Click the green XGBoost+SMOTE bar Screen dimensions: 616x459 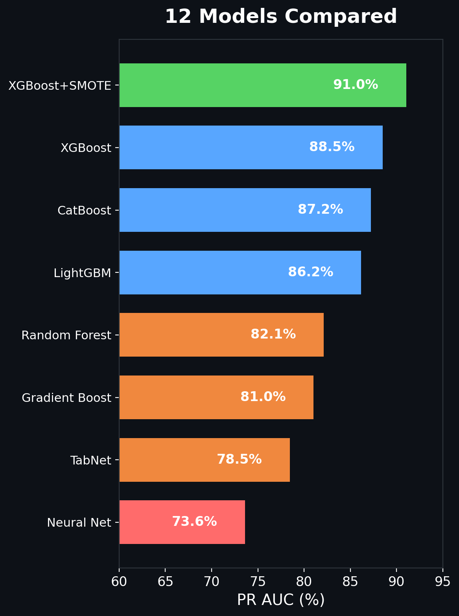pos(262,85)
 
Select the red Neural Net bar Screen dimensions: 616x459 pos(182,522)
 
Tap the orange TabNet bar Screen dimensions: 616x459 pos(204,460)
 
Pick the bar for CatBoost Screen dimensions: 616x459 pos(245,210)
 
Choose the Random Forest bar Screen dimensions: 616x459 pos(221,335)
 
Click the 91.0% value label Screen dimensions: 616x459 pos(356,85)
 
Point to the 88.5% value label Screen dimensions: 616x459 pos(332,147)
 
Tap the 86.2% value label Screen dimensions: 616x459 pos(310,272)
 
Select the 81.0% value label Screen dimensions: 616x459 pos(263,397)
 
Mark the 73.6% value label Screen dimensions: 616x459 pos(194,522)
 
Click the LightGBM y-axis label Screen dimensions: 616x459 pos(83,273)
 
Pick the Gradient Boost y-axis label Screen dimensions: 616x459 pos(66,398)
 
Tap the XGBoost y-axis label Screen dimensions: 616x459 pos(86,148)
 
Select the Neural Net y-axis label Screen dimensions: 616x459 pos(79,523)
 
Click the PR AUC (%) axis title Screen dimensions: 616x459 pos(281,600)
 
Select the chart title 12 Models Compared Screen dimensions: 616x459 pos(281,17)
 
